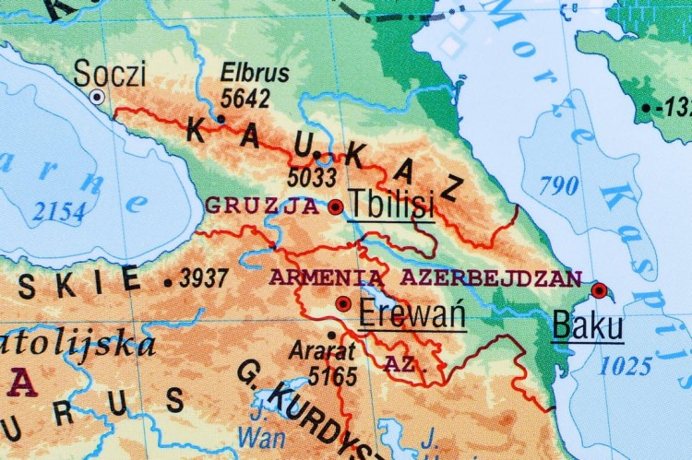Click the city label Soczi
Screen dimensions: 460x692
(x=110, y=73)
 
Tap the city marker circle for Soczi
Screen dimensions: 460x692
(x=97, y=97)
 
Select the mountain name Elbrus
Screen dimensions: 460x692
(x=256, y=74)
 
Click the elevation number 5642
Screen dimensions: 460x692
(x=245, y=98)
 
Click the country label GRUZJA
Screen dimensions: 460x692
(x=261, y=206)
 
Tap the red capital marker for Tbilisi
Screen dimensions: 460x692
(x=335, y=206)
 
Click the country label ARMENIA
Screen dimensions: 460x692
(x=328, y=277)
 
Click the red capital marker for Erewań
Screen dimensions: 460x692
(x=343, y=303)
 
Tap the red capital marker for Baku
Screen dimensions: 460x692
(x=599, y=291)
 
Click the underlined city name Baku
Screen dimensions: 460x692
(x=587, y=326)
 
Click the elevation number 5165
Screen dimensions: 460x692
(x=331, y=375)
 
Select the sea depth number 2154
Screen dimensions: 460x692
(x=58, y=213)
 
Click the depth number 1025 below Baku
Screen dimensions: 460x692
(x=626, y=366)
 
